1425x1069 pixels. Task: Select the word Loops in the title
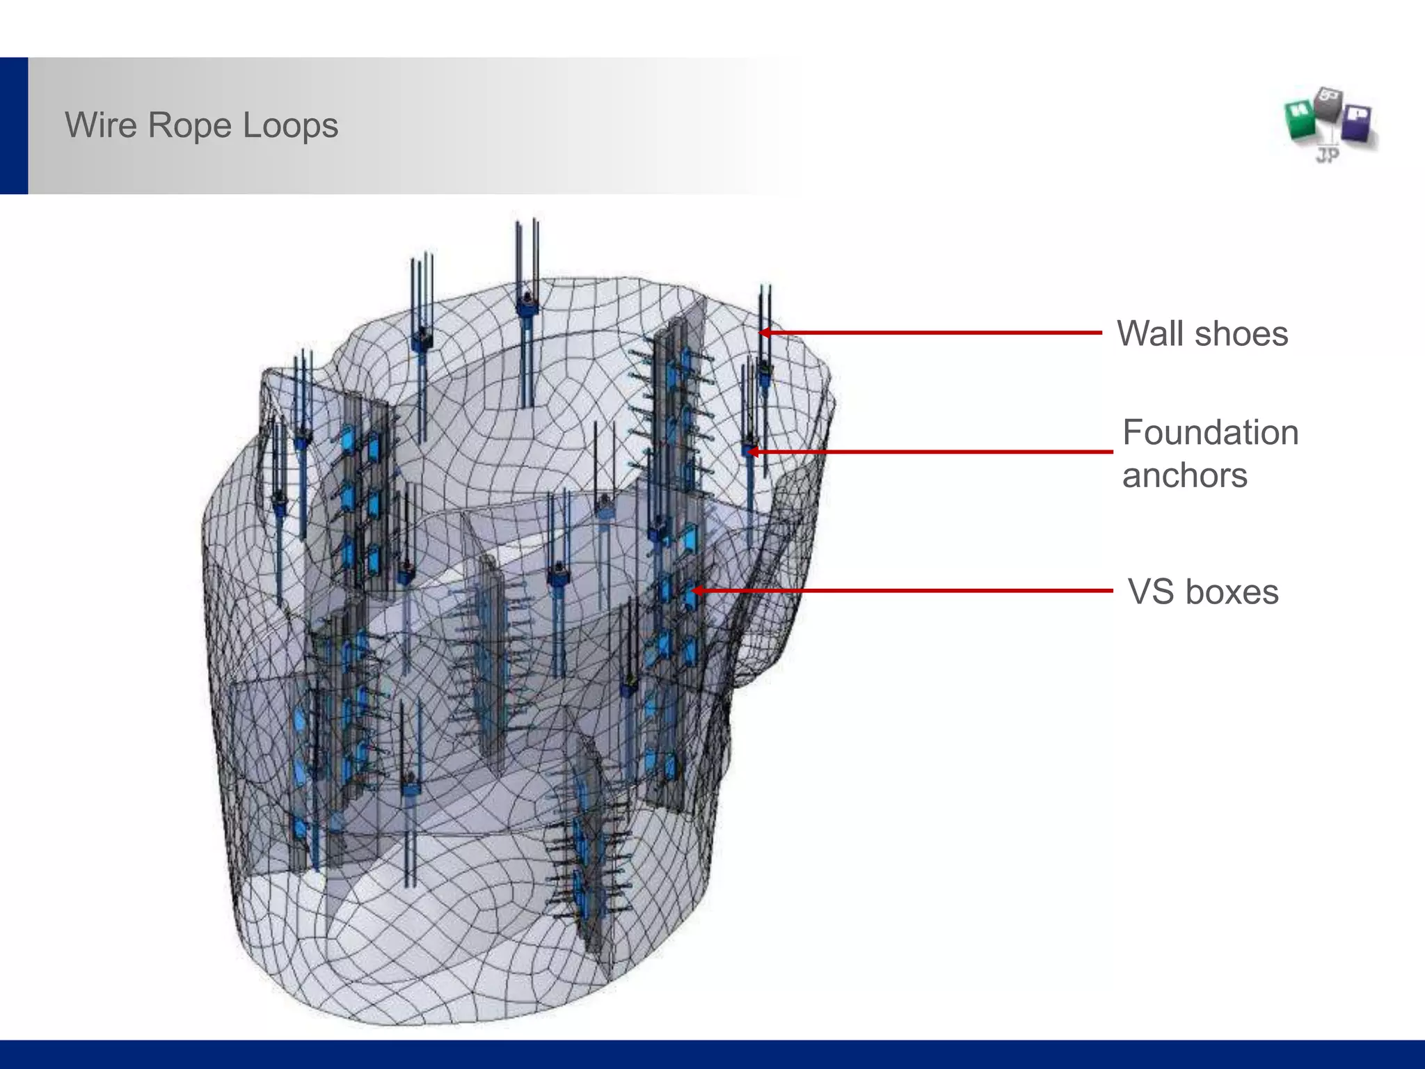pos(290,126)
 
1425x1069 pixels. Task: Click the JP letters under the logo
pos(1328,155)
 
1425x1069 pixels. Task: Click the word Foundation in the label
pos(1210,433)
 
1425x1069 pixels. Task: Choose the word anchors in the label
pos(1184,476)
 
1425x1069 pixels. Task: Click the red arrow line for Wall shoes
pos(932,333)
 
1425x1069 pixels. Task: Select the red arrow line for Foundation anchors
pos(932,452)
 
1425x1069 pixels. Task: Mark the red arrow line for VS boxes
pos(905,591)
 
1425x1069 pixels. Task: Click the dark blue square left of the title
pos(14,125)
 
